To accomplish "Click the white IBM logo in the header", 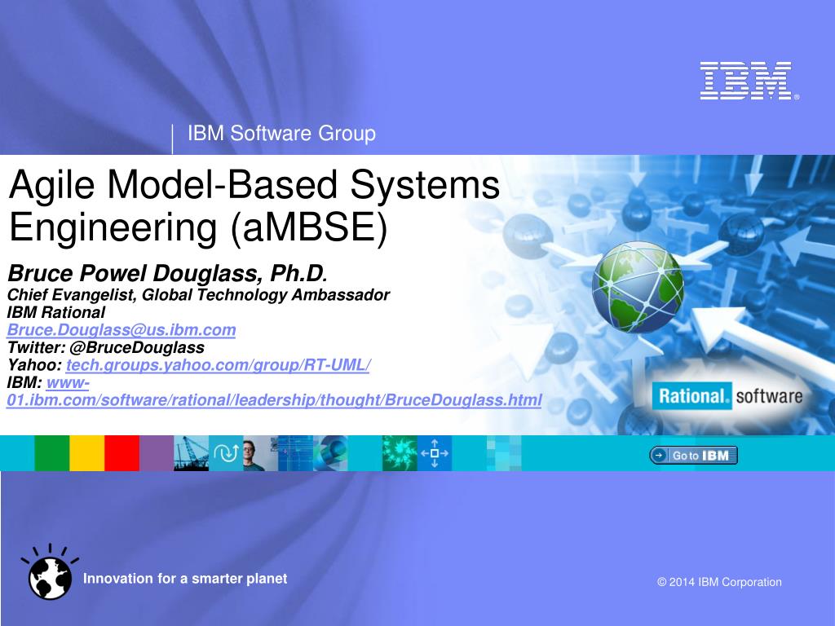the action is click(x=749, y=81).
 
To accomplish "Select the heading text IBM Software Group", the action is click(x=281, y=133).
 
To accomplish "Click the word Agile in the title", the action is click(x=51, y=185).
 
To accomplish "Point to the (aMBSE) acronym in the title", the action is click(x=309, y=228).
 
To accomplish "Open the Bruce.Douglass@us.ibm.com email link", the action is click(x=121, y=330).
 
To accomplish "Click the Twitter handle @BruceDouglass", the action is click(x=137, y=347).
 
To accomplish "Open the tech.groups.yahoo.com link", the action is click(x=219, y=365).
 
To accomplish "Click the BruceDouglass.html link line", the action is click(x=274, y=400).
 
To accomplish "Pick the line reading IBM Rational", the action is click(x=56, y=312).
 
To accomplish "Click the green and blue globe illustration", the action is click(x=638, y=288).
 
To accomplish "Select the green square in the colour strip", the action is click(x=52, y=453).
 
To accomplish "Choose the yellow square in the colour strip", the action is click(x=86, y=453).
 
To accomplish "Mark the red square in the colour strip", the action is click(x=122, y=453).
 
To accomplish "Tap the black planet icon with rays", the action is click(x=50, y=571).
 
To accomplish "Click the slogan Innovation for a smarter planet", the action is click(x=185, y=579).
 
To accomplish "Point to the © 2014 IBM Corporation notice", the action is click(x=719, y=582).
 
